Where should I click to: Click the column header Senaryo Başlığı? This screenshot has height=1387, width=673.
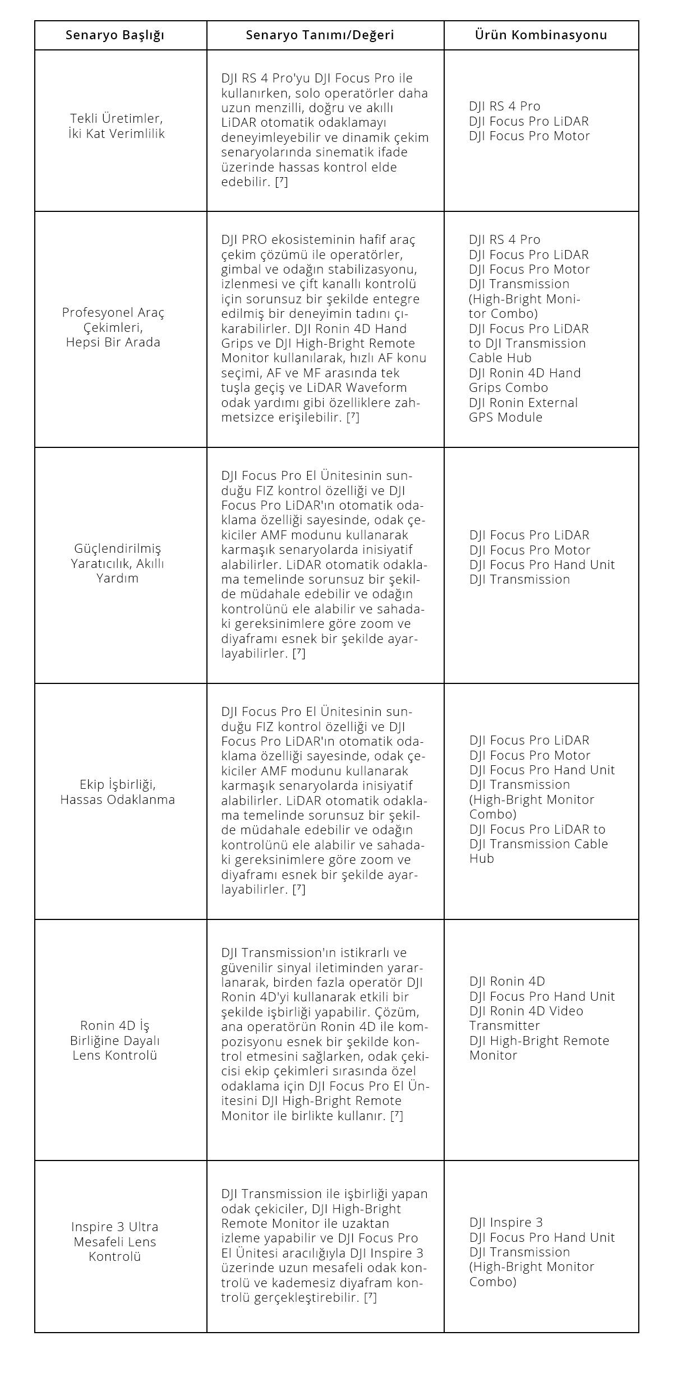pyautogui.click(x=115, y=35)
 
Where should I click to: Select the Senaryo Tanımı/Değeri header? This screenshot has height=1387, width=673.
pyautogui.click(x=320, y=35)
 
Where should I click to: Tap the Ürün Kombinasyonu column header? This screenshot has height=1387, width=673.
pyautogui.click(x=541, y=35)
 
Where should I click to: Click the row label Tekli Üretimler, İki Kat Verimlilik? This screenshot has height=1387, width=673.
pyautogui.click(x=117, y=126)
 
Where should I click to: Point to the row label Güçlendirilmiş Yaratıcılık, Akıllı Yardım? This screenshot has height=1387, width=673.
pyautogui.click(x=117, y=563)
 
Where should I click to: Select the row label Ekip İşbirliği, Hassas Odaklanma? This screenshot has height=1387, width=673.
pyautogui.click(x=117, y=792)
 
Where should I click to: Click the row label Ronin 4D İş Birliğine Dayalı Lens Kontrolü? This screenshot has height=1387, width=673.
pyautogui.click(x=115, y=1041)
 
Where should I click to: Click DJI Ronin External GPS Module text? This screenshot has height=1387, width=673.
pyautogui.click(x=523, y=410)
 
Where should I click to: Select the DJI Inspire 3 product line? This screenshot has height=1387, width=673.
pyautogui.click(x=506, y=1222)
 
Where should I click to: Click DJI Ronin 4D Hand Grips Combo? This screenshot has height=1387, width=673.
pyautogui.click(x=524, y=380)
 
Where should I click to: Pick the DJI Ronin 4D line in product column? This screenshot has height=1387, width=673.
pyautogui.click(x=507, y=981)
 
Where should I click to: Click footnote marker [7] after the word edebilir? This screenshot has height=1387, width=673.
pyautogui.click(x=282, y=182)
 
